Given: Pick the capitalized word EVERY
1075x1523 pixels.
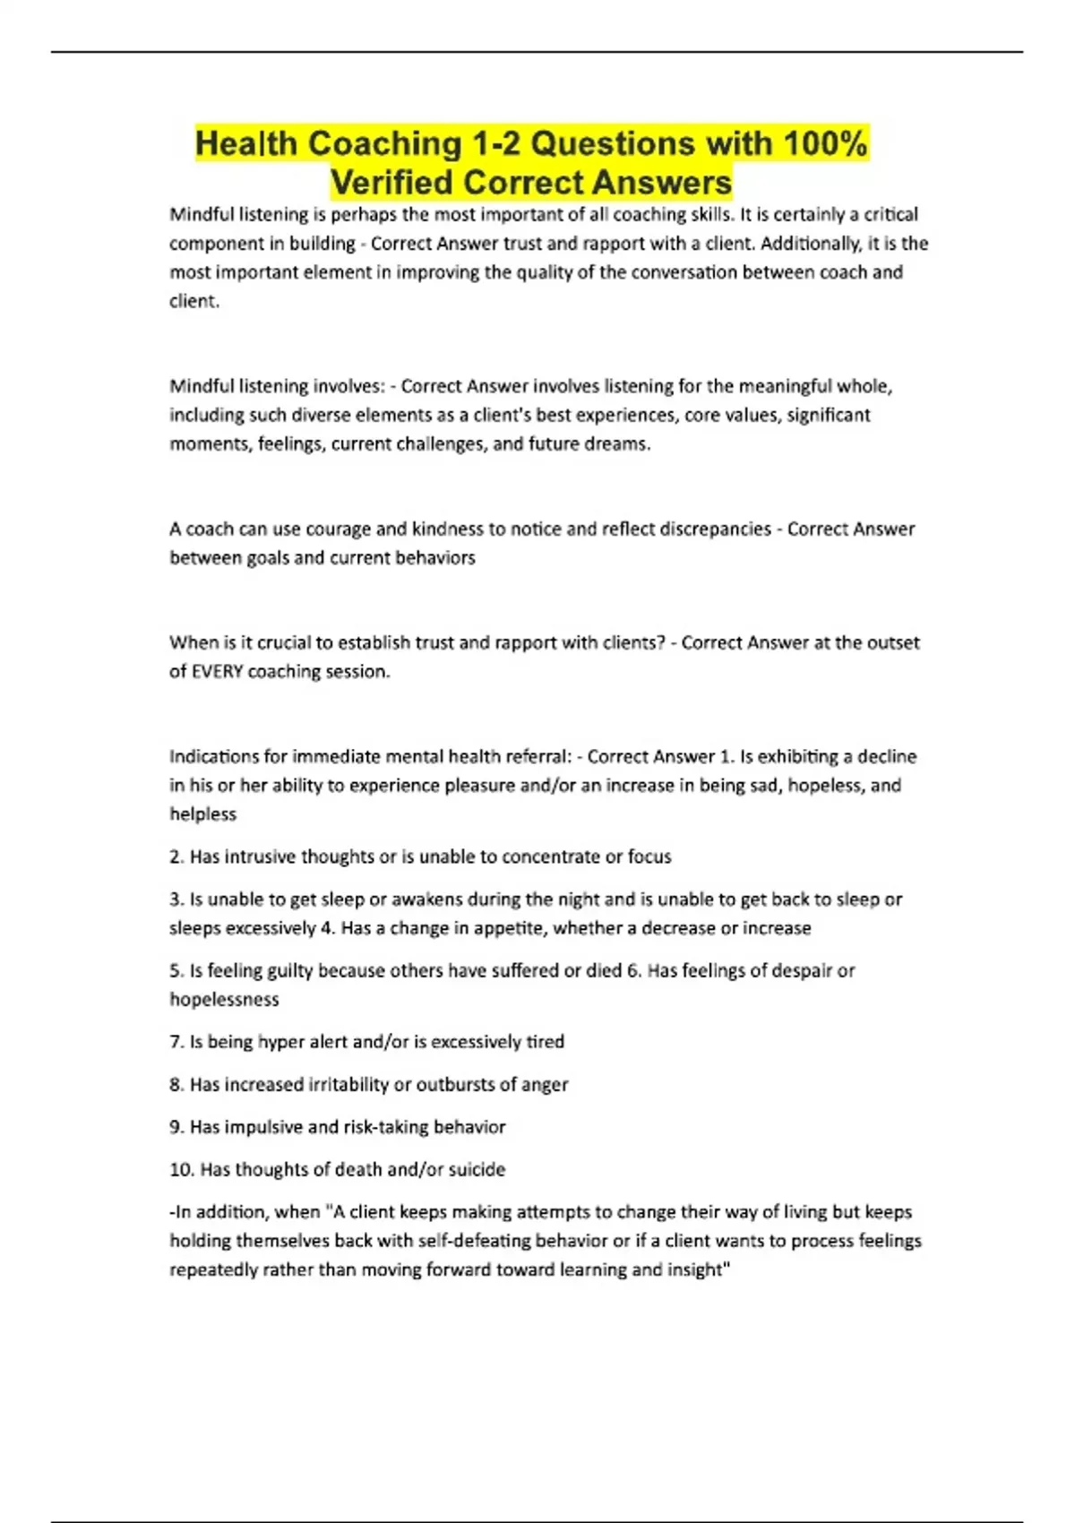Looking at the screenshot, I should point(218,671).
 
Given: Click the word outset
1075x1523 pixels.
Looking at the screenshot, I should point(892,642).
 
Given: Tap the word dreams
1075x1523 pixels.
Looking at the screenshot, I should point(619,443).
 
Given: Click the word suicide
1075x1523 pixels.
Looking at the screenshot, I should point(475,1169).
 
